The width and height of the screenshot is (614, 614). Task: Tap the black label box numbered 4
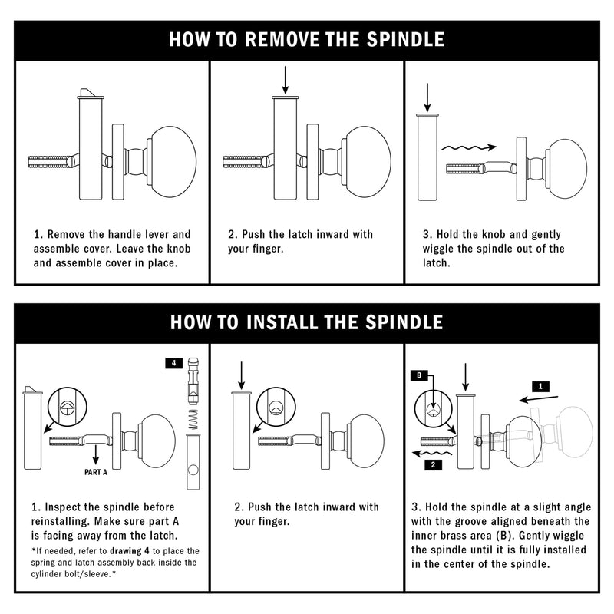pos(174,363)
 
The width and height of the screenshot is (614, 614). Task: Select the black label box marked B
pos(419,375)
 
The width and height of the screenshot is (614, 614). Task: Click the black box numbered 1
pos(541,387)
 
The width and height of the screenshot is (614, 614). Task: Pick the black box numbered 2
pos(433,465)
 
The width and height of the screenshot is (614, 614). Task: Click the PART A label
pos(95,472)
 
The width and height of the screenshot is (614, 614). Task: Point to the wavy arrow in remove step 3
pos(469,147)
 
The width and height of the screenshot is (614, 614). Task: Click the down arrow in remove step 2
pos(286,80)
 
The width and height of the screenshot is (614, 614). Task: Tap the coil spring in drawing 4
pos(193,419)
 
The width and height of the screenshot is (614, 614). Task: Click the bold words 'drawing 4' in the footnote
pos(130,551)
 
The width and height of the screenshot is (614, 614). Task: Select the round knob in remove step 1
pos(172,161)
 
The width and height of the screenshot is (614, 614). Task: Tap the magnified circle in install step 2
pos(276,408)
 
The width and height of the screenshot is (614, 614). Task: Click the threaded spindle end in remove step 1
pos(48,162)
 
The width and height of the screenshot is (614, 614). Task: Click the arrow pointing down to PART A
pos(95,454)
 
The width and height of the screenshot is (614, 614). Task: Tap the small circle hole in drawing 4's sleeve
pos(193,470)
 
